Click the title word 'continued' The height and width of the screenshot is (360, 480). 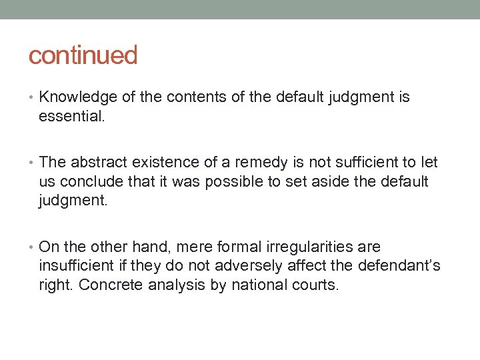83,55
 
